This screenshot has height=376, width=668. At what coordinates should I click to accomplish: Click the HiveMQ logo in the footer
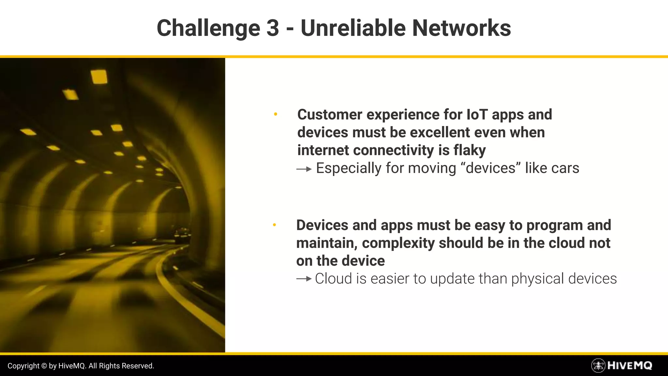621,365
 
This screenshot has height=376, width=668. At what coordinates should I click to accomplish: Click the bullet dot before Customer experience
276,114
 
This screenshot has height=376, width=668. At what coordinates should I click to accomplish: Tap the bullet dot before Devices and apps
274,225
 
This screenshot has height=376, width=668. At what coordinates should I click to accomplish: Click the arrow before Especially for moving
304,169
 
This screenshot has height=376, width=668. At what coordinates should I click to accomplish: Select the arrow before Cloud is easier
304,279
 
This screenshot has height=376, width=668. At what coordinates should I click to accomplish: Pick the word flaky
469,150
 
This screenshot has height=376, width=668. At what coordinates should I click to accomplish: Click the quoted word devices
491,168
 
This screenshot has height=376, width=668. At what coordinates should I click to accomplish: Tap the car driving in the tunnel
182,236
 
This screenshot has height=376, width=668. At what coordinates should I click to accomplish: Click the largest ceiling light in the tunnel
99,77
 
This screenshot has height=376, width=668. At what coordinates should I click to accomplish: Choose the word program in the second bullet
554,226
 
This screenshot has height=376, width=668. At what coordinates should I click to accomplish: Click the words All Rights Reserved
121,366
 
